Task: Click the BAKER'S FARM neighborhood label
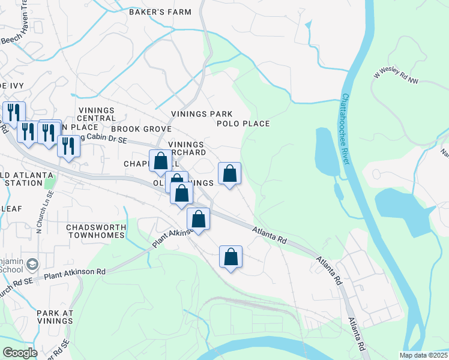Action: pos(160,12)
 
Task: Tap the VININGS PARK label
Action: pos(201,114)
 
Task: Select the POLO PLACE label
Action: pos(243,124)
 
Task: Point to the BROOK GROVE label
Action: pos(133,129)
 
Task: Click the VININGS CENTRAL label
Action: pos(96,114)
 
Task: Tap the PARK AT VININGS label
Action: pos(55,317)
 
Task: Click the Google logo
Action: pos(20,353)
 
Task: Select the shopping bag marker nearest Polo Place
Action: pos(229,174)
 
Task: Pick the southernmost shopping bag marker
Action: pos(231,257)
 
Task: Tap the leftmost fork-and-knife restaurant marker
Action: pos(13,112)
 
